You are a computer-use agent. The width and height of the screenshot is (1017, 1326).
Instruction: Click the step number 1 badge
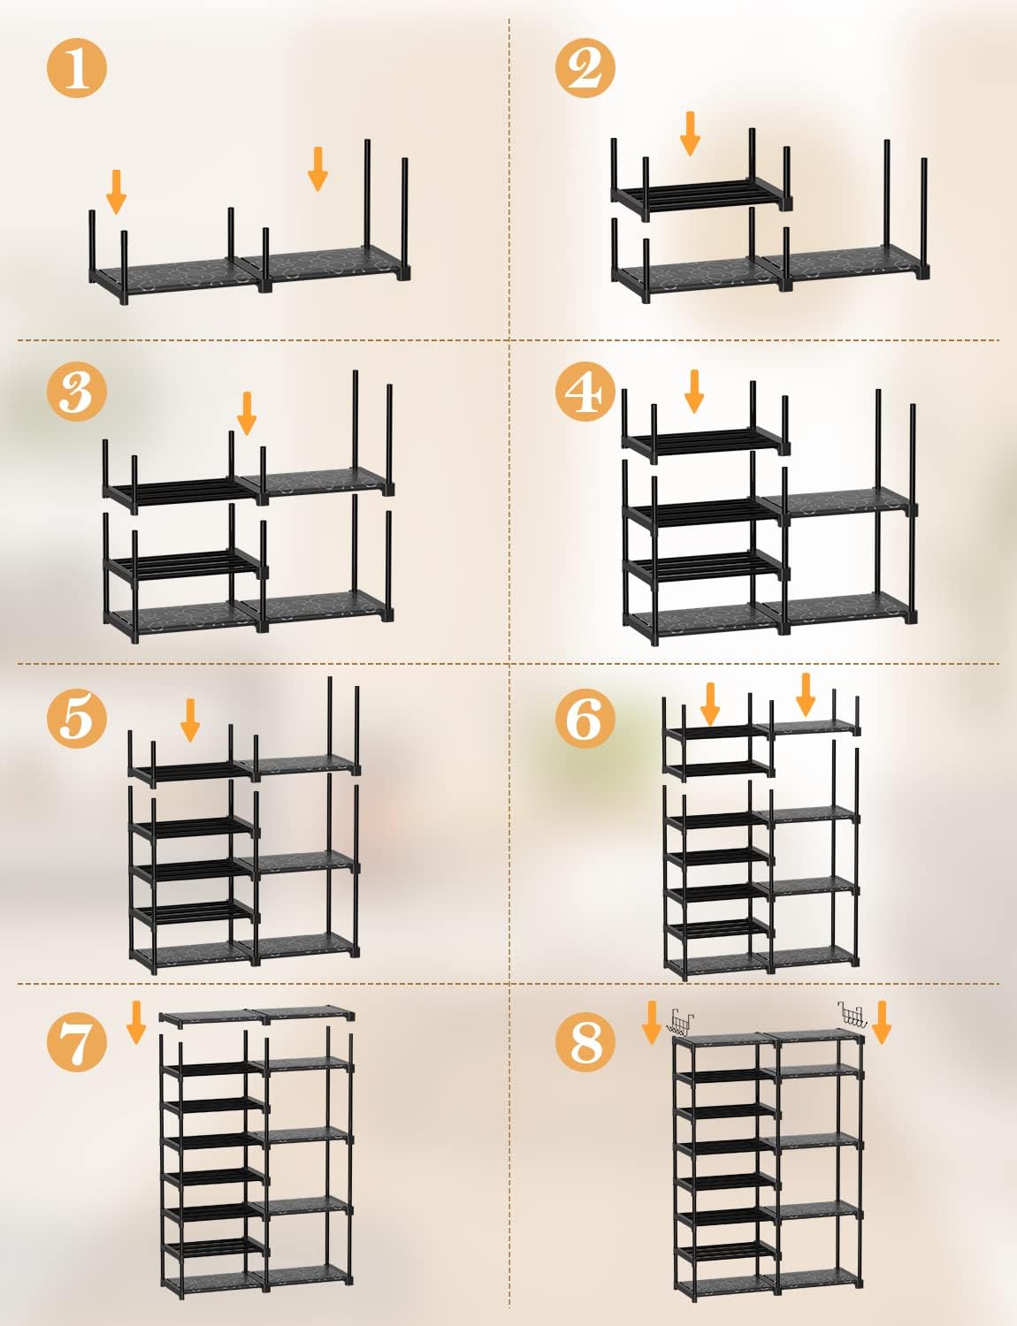[77, 68]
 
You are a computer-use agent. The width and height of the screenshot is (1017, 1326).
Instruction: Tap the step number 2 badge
[585, 68]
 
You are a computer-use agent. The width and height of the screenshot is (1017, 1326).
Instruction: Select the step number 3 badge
[77, 391]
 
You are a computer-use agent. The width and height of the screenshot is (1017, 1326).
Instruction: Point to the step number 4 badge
[585, 391]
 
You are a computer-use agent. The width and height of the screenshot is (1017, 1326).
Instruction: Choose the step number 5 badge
[77, 718]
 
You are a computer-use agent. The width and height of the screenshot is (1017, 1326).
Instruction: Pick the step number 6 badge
[585, 718]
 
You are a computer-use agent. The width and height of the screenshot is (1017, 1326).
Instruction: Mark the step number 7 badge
[77, 1041]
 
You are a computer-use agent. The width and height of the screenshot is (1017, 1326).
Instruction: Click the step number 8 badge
[585, 1041]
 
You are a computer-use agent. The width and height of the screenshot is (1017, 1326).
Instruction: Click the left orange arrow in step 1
[116, 192]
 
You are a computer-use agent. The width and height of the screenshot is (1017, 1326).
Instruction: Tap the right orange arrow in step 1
[317, 169]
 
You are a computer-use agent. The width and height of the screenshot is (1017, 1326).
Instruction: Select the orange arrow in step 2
[690, 133]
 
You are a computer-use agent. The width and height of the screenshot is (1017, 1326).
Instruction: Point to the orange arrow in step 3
[247, 414]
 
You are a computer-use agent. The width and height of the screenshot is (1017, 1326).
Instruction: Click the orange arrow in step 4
[694, 391]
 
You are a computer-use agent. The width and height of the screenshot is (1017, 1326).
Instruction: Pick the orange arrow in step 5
[190, 720]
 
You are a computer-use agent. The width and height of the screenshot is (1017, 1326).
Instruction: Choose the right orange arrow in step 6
[806, 695]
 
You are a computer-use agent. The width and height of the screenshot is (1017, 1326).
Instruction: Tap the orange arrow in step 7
[136, 1023]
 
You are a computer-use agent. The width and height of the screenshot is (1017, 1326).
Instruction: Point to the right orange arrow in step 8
[882, 1023]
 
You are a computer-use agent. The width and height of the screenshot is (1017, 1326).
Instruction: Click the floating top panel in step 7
[256, 1016]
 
